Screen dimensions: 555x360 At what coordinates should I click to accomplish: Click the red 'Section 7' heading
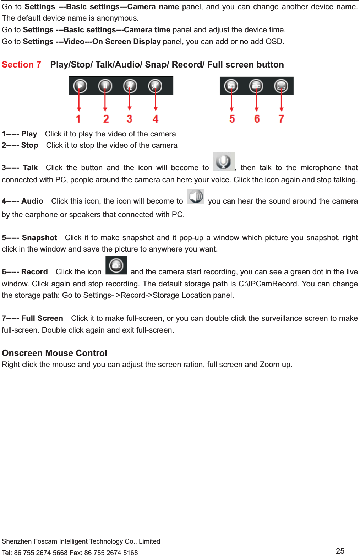point(21,65)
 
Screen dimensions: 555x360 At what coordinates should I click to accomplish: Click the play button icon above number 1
point(80,86)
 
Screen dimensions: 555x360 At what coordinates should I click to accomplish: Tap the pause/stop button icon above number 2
point(105,86)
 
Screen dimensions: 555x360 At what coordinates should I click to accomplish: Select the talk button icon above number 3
point(130,86)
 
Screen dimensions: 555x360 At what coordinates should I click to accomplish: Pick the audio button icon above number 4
point(155,86)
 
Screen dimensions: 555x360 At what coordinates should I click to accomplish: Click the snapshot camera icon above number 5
point(231,86)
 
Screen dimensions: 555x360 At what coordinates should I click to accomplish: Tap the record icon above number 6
point(256,86)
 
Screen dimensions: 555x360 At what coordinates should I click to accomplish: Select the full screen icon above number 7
point(281,86)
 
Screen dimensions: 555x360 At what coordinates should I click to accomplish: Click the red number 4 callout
point(156,119)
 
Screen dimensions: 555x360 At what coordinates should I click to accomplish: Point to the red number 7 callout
point(281,119)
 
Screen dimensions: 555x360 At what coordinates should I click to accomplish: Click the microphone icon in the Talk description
point(224,162)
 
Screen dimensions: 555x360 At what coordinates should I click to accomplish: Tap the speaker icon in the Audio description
point(196,196)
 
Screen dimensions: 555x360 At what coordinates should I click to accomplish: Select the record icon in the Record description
point(116,265)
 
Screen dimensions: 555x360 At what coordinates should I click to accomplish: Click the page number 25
point(340,551)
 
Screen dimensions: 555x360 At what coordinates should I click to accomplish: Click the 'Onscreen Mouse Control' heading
point(54,353)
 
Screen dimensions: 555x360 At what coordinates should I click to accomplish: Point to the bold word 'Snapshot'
point(39,238)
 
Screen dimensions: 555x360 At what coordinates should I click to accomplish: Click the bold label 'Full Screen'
point(42,318)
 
